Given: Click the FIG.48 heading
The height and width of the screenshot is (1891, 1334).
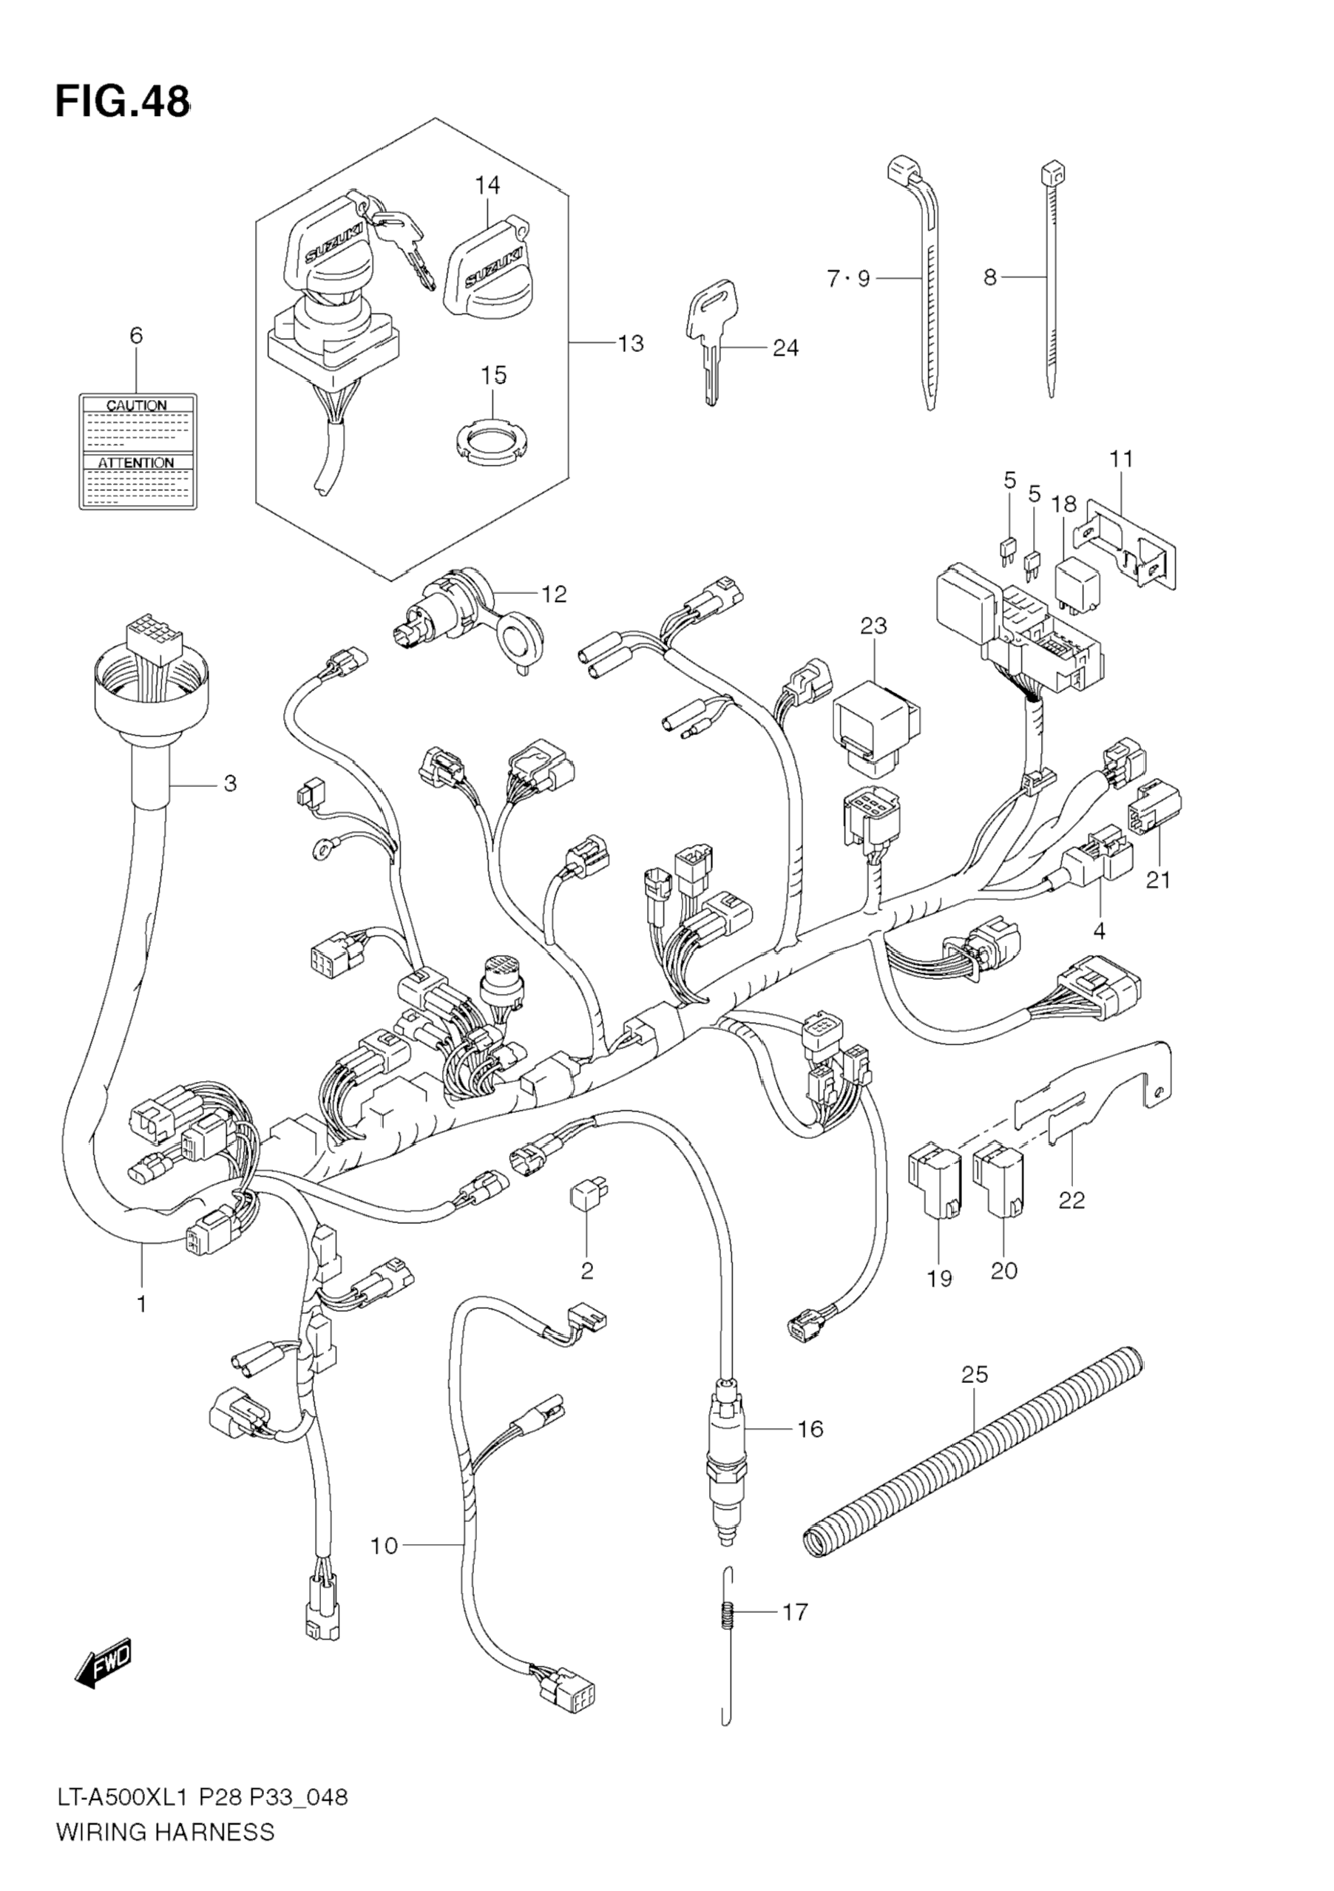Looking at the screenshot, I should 122,102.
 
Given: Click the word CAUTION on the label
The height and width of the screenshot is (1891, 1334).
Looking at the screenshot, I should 137,405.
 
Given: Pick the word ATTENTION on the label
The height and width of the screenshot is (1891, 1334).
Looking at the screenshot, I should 136,463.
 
